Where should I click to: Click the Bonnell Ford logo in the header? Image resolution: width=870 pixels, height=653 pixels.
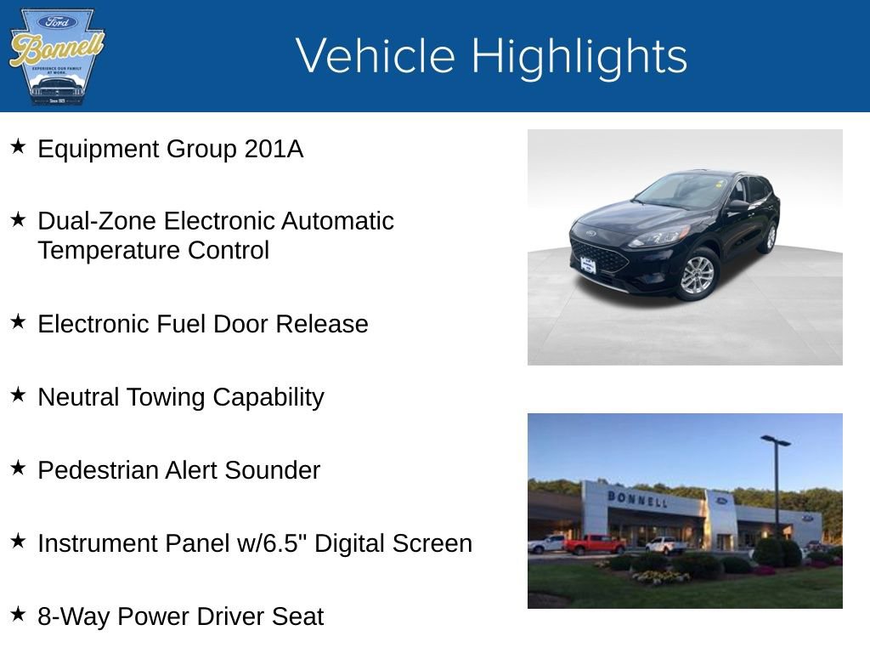[56, 57]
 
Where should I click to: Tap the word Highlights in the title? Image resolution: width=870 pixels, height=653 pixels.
[579, 57]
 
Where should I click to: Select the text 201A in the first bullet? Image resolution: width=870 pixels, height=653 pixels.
[274, 150]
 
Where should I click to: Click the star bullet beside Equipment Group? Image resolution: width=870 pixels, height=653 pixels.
[18, 148]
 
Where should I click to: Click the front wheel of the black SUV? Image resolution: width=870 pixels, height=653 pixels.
[698, 275]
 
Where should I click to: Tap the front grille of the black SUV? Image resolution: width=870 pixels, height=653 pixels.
[599, 255]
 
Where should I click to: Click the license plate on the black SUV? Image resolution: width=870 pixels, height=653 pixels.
[587, 265]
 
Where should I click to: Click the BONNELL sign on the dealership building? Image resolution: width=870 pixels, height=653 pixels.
[637, 498]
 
